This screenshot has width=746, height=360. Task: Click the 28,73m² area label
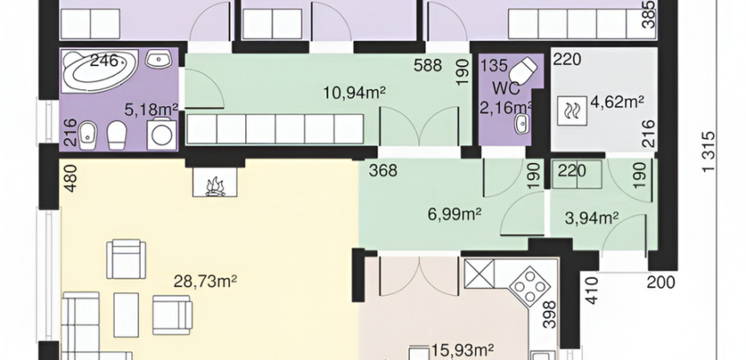[205, 281]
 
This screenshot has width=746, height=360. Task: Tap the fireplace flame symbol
[215, 186]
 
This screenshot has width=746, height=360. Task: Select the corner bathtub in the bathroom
[100, 70]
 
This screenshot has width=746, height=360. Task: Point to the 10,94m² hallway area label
[354, 93]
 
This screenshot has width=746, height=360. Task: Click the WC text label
[506, 89]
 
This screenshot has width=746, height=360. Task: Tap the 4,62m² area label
[617, 102]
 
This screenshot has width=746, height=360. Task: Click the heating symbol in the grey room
[572, 111]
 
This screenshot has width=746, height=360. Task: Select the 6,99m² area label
[454, 214]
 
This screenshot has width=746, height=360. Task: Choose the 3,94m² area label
[592, 218]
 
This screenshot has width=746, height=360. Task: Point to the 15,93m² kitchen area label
[462, 351]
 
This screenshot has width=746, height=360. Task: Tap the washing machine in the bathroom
[161, 135]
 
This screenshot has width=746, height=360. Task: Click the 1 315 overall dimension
[708, 151]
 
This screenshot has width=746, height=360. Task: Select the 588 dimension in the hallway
[428, 65]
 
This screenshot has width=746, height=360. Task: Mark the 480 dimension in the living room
[70, 178]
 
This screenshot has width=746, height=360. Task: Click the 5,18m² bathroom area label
[151, 110]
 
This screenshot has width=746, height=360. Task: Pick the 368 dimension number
[383, 171]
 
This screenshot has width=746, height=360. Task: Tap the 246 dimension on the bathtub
[104, 60]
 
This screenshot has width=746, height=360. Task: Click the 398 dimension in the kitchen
[550, 315]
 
